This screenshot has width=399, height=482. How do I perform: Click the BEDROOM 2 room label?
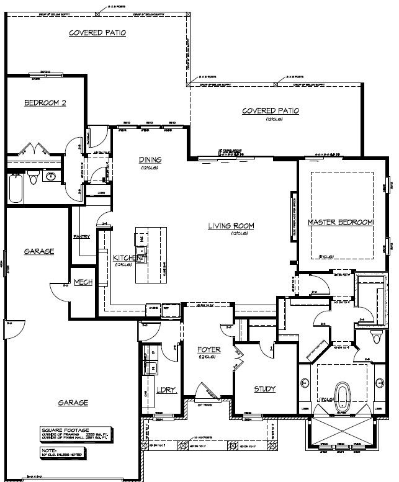45,104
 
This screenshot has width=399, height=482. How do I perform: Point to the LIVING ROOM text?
231,226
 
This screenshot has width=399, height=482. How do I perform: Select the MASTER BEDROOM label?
341,222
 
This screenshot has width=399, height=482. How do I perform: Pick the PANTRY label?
81,236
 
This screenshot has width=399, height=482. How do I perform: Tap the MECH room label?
83,282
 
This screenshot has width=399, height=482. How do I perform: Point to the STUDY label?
265,390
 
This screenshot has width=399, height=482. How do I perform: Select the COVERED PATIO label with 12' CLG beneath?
270,111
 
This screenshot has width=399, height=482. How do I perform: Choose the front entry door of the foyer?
205,393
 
